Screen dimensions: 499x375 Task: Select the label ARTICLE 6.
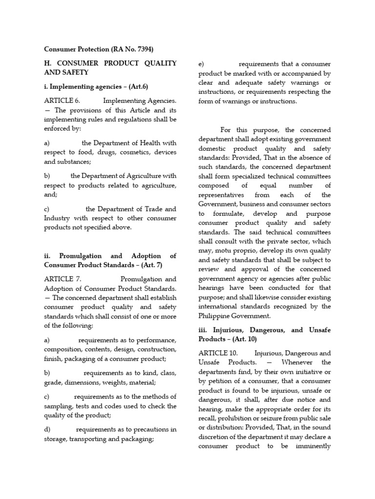tap(62, 100)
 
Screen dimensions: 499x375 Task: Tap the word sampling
tap(58, 406)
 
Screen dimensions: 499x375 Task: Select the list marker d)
tap(47, 429)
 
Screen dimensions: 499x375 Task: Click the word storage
tap(55, 439)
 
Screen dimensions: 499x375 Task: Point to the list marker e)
tap(202, 64)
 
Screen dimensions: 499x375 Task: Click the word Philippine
tap(215, 316)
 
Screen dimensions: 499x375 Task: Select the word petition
tap(218, 381)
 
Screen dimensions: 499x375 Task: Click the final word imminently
tap(312, 446)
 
